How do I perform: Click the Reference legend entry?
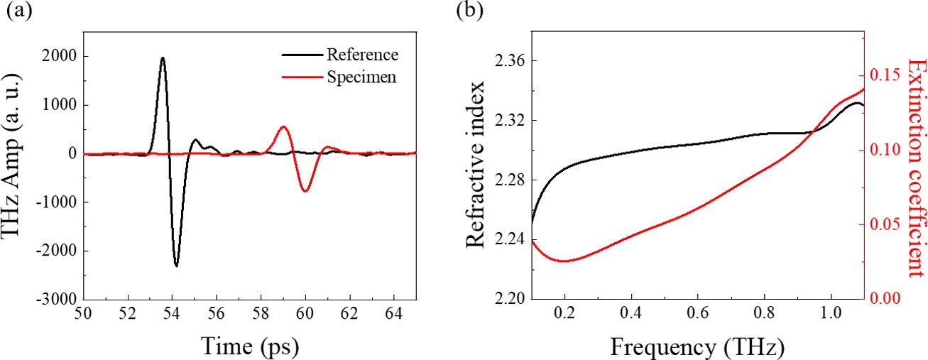pos(362,55)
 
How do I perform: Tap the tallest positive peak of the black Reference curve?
pos(163,58)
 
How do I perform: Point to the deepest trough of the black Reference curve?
pos(176,266)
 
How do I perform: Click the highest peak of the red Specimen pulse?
pos(283,127)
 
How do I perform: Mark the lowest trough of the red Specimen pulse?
pos(305,191)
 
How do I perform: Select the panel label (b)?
pos(471,12)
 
